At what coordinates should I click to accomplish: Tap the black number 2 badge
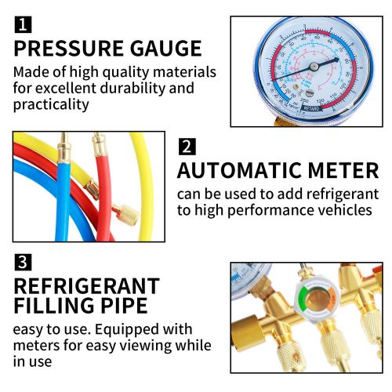(x=187, y=147)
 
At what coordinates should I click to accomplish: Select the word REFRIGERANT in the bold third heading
(x=86, y=286)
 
